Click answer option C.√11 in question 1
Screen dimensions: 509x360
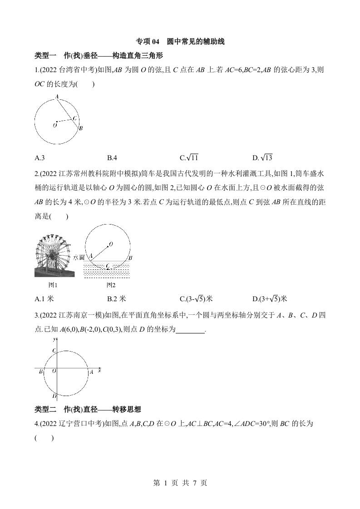tap(189, 158)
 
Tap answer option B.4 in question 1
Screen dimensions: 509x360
tap(112, 158)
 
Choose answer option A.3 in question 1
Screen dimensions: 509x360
tap(39, 158)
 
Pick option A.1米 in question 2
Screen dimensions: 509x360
tap(44, 299)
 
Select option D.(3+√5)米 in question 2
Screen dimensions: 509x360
tap(270, 299)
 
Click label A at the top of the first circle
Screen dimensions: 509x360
tap(57, 96)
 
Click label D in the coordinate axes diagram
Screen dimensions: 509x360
tap(54, 396)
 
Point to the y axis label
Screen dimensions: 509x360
tap(54, 339)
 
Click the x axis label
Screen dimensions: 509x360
tap(99, 371)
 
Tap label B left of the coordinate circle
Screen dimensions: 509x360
tap(40, 372)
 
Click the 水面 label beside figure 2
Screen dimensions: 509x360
tap(79, 257)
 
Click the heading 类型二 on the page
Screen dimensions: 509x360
tap(45, 410)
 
